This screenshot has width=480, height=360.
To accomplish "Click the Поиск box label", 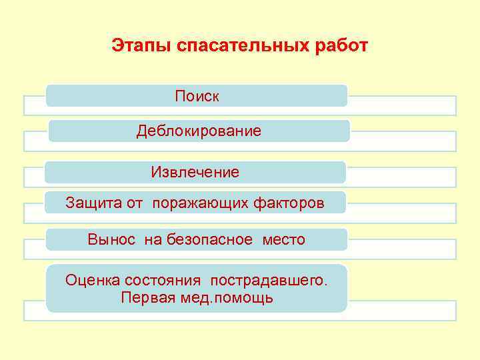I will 197,97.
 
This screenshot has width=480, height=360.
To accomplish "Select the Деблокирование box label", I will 199,131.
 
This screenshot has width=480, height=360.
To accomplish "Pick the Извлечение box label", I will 195,173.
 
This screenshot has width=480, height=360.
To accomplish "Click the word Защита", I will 94,203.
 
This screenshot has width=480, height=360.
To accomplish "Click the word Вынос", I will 111,239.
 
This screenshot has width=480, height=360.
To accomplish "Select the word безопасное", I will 209,239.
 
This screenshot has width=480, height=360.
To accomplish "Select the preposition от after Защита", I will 135,203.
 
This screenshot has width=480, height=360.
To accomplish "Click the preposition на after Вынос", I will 153,239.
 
